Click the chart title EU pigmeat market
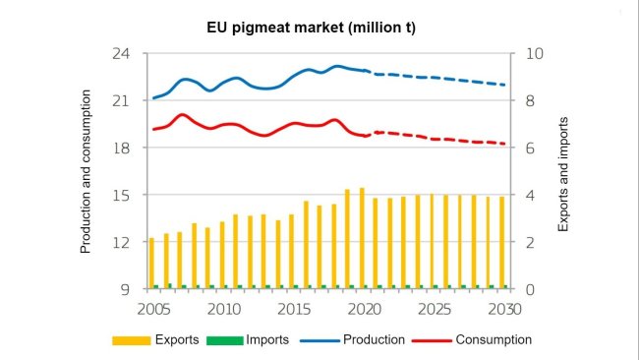click(x=319, y=28)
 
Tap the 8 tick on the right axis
click(x=529, y=101)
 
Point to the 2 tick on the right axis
click(x=529, y=243)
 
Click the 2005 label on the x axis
click(x=150, y=309)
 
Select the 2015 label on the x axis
click(x=292, y=309)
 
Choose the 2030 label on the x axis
click(x=504, y=309)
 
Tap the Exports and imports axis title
click(x=563, y=172)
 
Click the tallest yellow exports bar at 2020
click(x=362, y=238)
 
